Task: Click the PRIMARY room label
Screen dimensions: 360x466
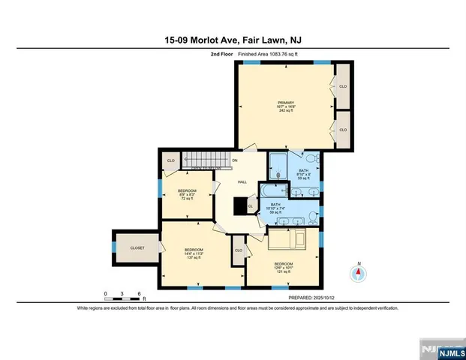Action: pos(287,103)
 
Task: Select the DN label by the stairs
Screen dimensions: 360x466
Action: pos(234,160)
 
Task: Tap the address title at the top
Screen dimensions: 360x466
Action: pos(233,43)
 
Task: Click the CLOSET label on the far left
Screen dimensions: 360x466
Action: pos(137,247)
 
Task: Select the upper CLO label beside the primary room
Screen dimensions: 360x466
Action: pos(343,86)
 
